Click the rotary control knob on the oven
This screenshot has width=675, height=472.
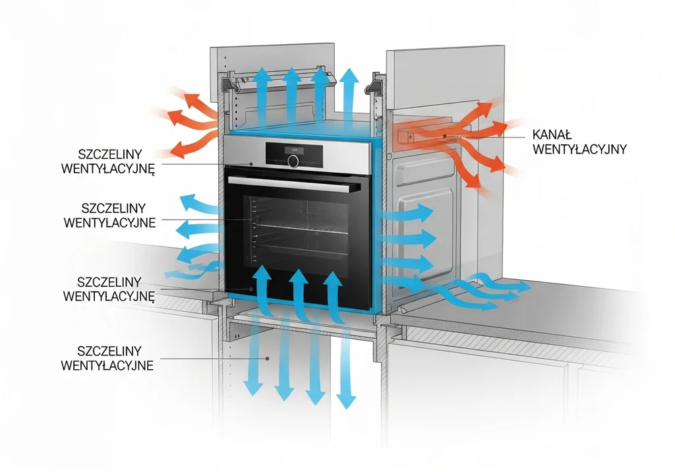[x=293, y=162]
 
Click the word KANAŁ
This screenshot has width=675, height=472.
[x=552, y=134]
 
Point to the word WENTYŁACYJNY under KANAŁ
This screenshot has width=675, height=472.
[x=579, y=149]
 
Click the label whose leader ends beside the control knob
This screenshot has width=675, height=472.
[x=107, y=162]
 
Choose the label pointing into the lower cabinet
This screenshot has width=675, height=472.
[x=107, y=359]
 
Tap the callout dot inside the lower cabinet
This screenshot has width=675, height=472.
[x=268, y=359]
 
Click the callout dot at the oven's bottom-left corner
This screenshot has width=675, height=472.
[x=250, y=289]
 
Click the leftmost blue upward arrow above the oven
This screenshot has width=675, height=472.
[x=262, y=98]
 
